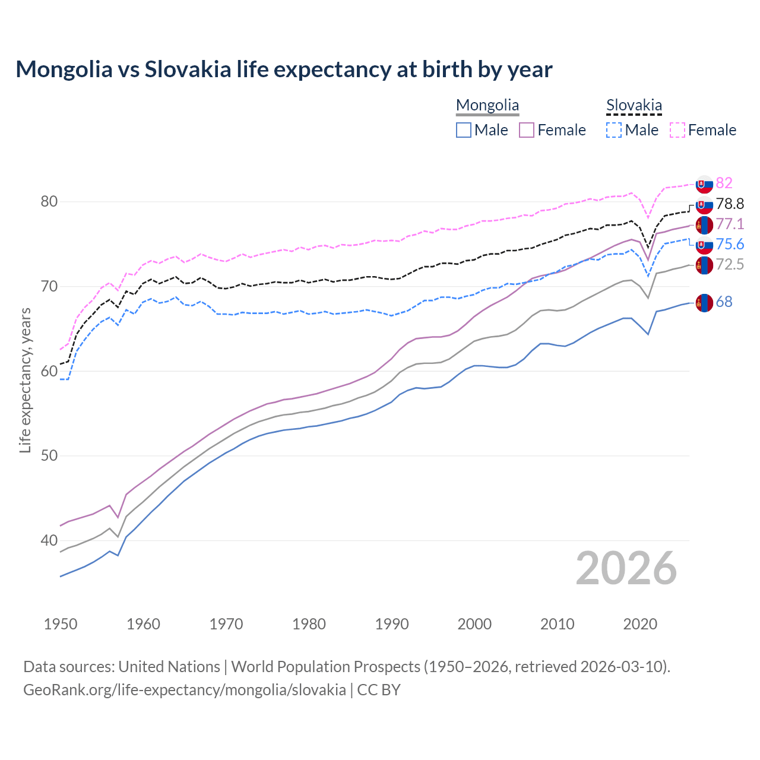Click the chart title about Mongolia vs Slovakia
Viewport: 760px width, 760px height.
pos(284,69)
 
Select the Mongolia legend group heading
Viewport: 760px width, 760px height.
pos(487,106)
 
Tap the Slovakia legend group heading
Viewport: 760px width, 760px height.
pos(634,106)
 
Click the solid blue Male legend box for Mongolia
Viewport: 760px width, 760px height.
pos(464,130)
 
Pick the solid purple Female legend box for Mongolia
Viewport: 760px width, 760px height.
pos(527,130)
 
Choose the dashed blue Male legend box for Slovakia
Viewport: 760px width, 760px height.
pos(614,130)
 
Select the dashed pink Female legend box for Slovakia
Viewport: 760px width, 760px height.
pos(677,130)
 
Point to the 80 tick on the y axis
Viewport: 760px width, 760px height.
pos(49,202)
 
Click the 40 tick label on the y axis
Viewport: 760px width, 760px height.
pos(49,540)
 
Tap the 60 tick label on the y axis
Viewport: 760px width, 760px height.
pos(49,371)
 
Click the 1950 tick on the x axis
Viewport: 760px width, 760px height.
pos(61,624)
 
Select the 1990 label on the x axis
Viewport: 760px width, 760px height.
pos(392,624)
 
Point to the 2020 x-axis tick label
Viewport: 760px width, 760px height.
pos(640,624)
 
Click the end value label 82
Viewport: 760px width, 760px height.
pos(724,183)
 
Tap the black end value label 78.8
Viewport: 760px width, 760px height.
pos(730,204)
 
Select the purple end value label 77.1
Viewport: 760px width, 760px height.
pos(730,224)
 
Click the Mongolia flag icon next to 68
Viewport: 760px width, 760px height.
pos(704,302)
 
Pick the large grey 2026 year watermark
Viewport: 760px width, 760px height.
pos(626,568)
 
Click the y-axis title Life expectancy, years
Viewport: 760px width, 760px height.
pos(25,380)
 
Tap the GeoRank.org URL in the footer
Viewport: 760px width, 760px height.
pos(185,690)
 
